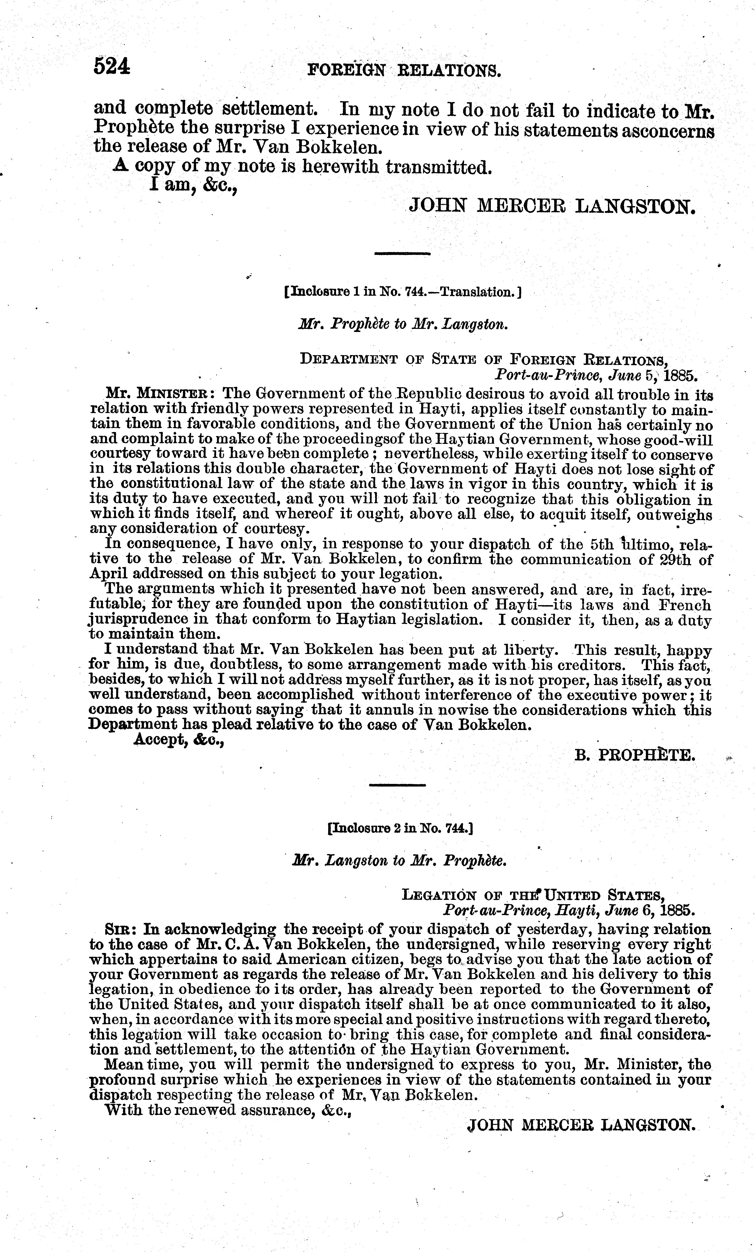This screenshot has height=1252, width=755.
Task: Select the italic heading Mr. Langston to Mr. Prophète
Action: click(400, 861)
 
